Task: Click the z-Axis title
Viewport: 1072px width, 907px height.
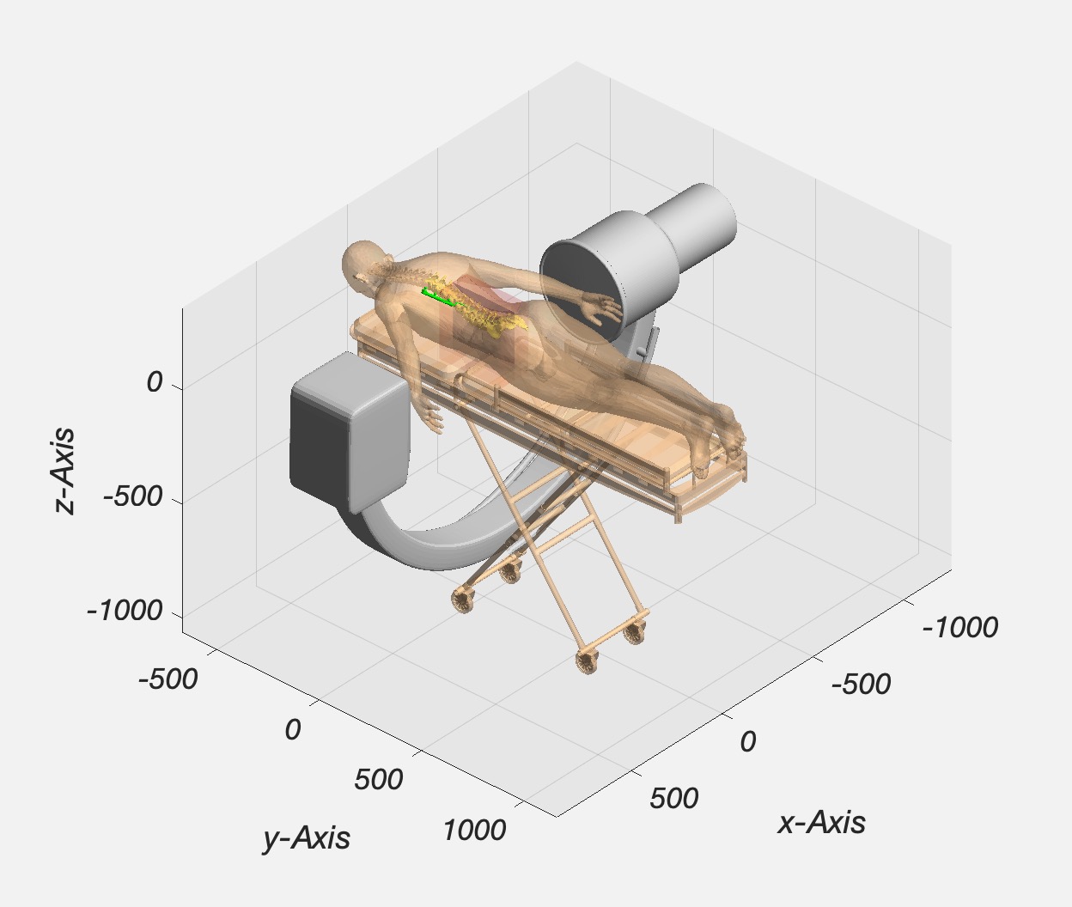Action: tap(64, 471)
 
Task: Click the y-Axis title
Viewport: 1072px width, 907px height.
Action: tap(307, 837)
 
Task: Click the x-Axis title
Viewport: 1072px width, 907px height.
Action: tap(821, 823)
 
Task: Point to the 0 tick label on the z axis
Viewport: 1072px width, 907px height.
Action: tap(154, 383)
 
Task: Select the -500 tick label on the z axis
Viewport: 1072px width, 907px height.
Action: tap(133, 497)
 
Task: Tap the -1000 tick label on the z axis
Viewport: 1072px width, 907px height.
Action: tap(125, 611)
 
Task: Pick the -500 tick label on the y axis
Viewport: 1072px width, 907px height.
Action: tap(168, 679)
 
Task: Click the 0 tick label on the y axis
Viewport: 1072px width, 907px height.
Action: tap(293, 730)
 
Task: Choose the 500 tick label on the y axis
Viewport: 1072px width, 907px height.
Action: tap(379, 779)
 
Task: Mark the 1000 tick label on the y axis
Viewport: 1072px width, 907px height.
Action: tap(474, 830)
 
